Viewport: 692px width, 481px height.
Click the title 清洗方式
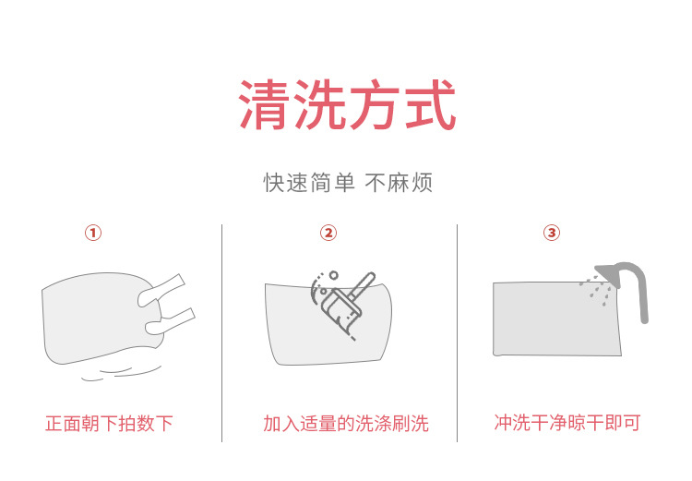[348, 106]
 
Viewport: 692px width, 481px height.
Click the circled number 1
[92, 233]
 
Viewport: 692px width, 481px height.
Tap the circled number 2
[328, 233]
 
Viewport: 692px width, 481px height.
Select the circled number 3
[552, 233]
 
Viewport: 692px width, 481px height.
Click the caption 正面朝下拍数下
[109, 424]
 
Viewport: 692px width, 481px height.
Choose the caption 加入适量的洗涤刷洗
[346, 424]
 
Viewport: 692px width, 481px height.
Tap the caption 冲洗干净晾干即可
[567, 423]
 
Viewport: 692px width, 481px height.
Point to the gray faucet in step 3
[632, 286]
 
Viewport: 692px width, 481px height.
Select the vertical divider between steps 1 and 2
[221, 332]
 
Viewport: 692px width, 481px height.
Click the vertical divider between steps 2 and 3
[458, 332]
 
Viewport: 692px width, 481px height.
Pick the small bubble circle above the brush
[333, 274]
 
